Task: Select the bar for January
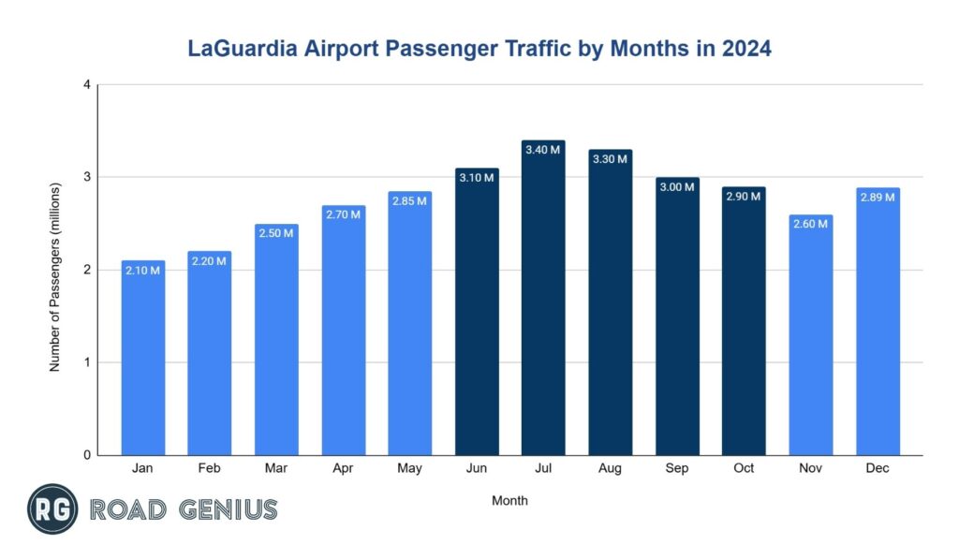tap(143, 365)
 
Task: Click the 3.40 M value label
tap(543, 150)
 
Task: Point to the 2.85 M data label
tap(409, 201)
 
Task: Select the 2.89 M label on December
tap(878, 197)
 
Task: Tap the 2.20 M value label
tap(209, 261)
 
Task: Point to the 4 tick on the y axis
tap(86, 85)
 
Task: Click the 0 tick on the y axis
tap(86, 455)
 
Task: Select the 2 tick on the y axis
tap(86, 270)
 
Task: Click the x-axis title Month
tap(509, 501)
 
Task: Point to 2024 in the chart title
tap(745, 50)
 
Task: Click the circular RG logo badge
tap(52, 509)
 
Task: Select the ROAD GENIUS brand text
tap(184, 510)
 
